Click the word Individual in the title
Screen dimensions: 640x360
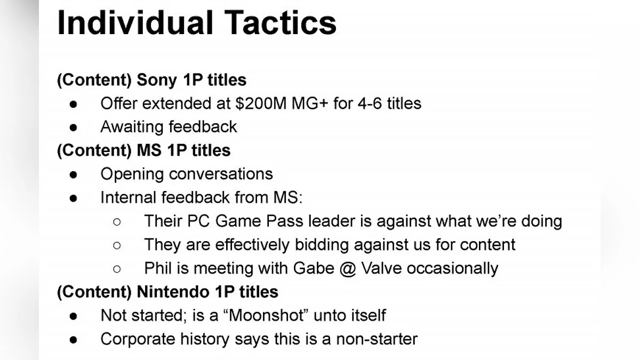click(135, 22)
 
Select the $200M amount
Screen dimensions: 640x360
click(261, 103)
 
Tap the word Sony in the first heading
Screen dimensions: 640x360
click(157, 80)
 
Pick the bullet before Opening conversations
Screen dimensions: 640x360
click(74, 174)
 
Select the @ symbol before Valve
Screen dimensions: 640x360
click(348, 269)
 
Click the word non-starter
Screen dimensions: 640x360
click(377, 339)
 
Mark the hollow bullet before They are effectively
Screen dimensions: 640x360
click(117, 245)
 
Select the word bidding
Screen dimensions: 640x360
click(322, 245)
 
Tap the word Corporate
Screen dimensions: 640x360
click(138, 339)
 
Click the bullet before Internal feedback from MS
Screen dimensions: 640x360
click(74, 198)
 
